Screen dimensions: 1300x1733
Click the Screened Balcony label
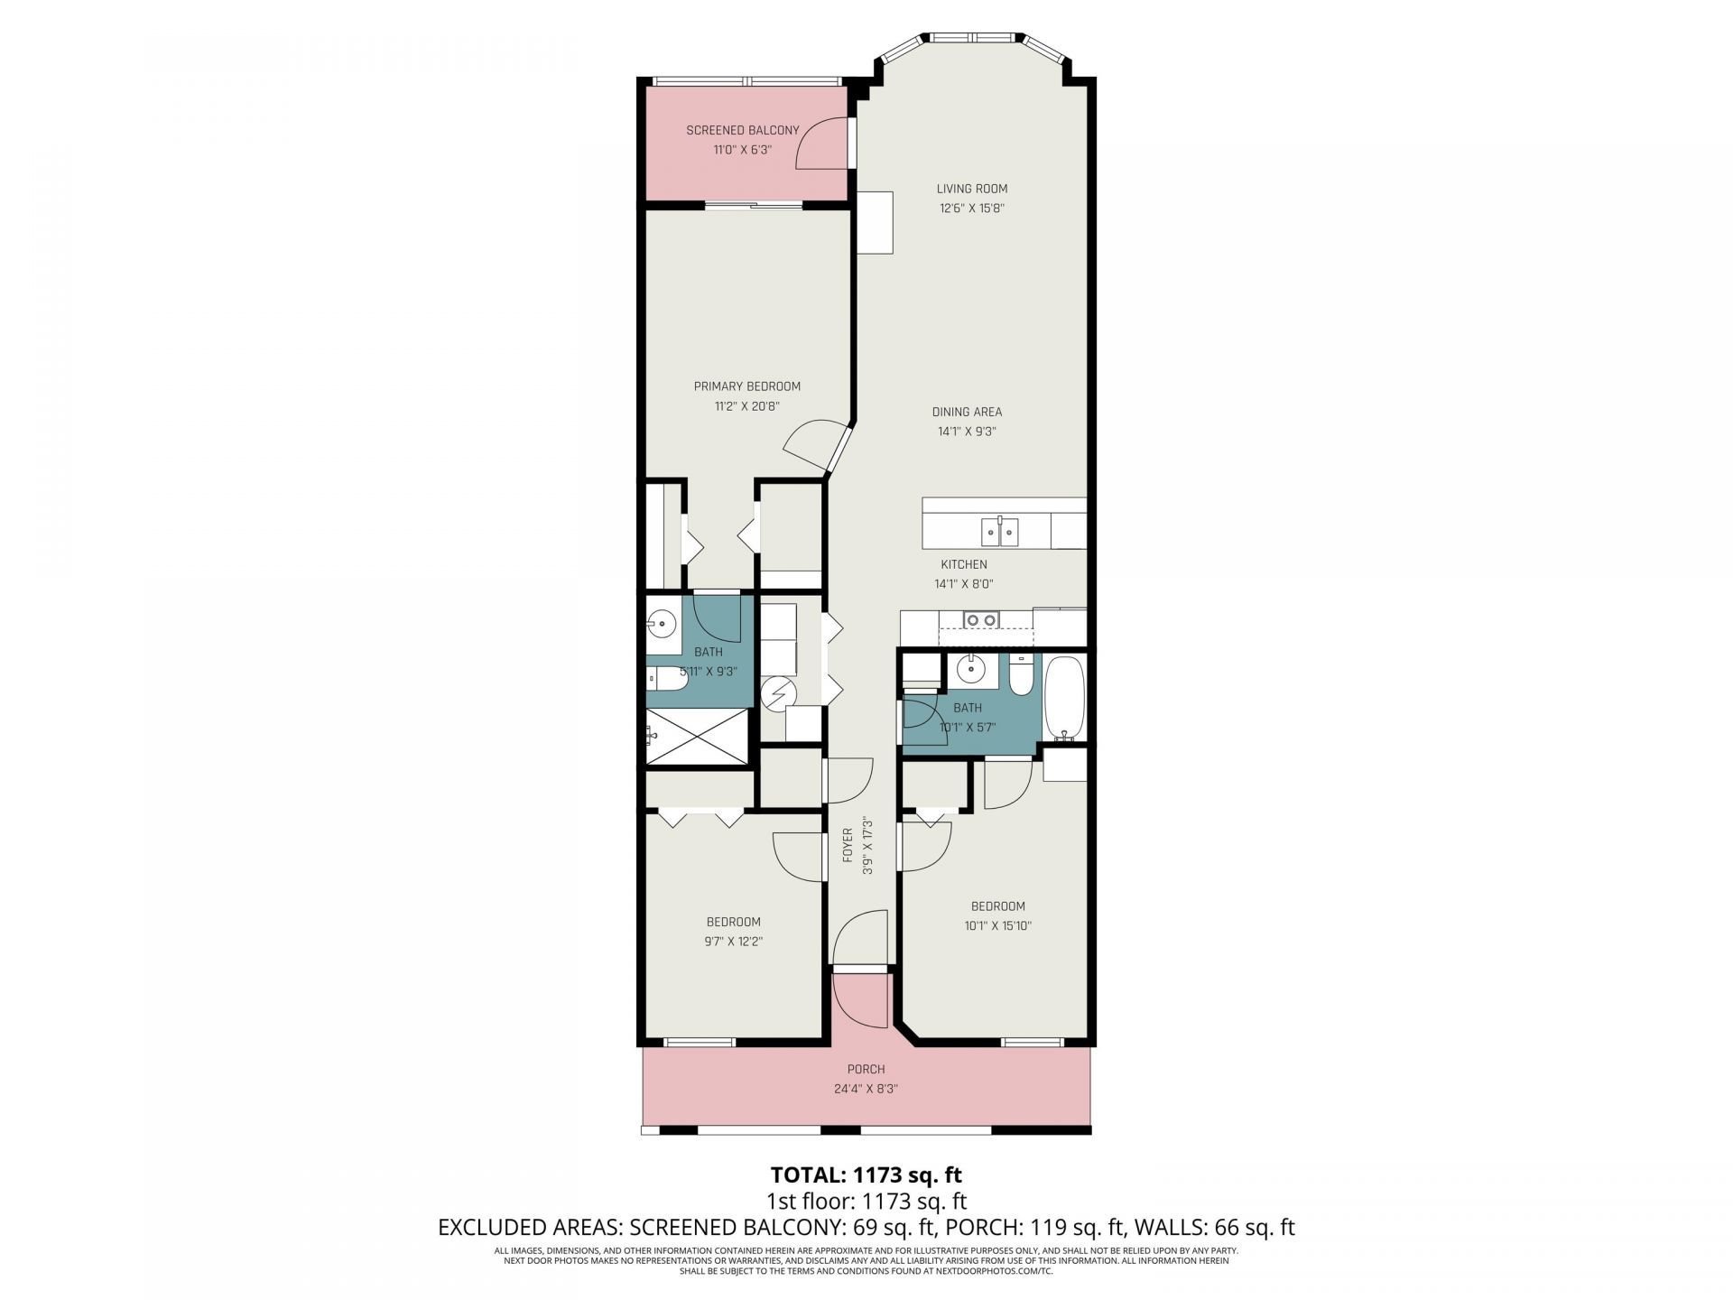tap(742, 130)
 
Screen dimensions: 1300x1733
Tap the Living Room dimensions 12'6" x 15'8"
tap(971, 209)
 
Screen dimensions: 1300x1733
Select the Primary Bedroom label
tap(746, 386)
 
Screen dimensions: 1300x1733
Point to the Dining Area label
tap(967, 412)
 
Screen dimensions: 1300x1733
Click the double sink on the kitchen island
tap(1001, 532)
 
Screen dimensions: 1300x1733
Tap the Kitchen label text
tap(964, 564)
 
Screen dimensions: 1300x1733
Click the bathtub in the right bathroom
tap(1064, 696)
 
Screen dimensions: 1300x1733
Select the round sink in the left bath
tap(662, 622)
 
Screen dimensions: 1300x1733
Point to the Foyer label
tap(848, 845)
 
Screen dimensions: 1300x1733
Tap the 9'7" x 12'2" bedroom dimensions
tap(733, 941)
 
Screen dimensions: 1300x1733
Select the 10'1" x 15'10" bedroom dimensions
tap(997, 925)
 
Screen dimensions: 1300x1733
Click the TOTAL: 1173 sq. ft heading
tap(866, 1175)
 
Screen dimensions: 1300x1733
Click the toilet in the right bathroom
tap(1021, 678)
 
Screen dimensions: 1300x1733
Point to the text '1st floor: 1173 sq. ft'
tap(866, 1201)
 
